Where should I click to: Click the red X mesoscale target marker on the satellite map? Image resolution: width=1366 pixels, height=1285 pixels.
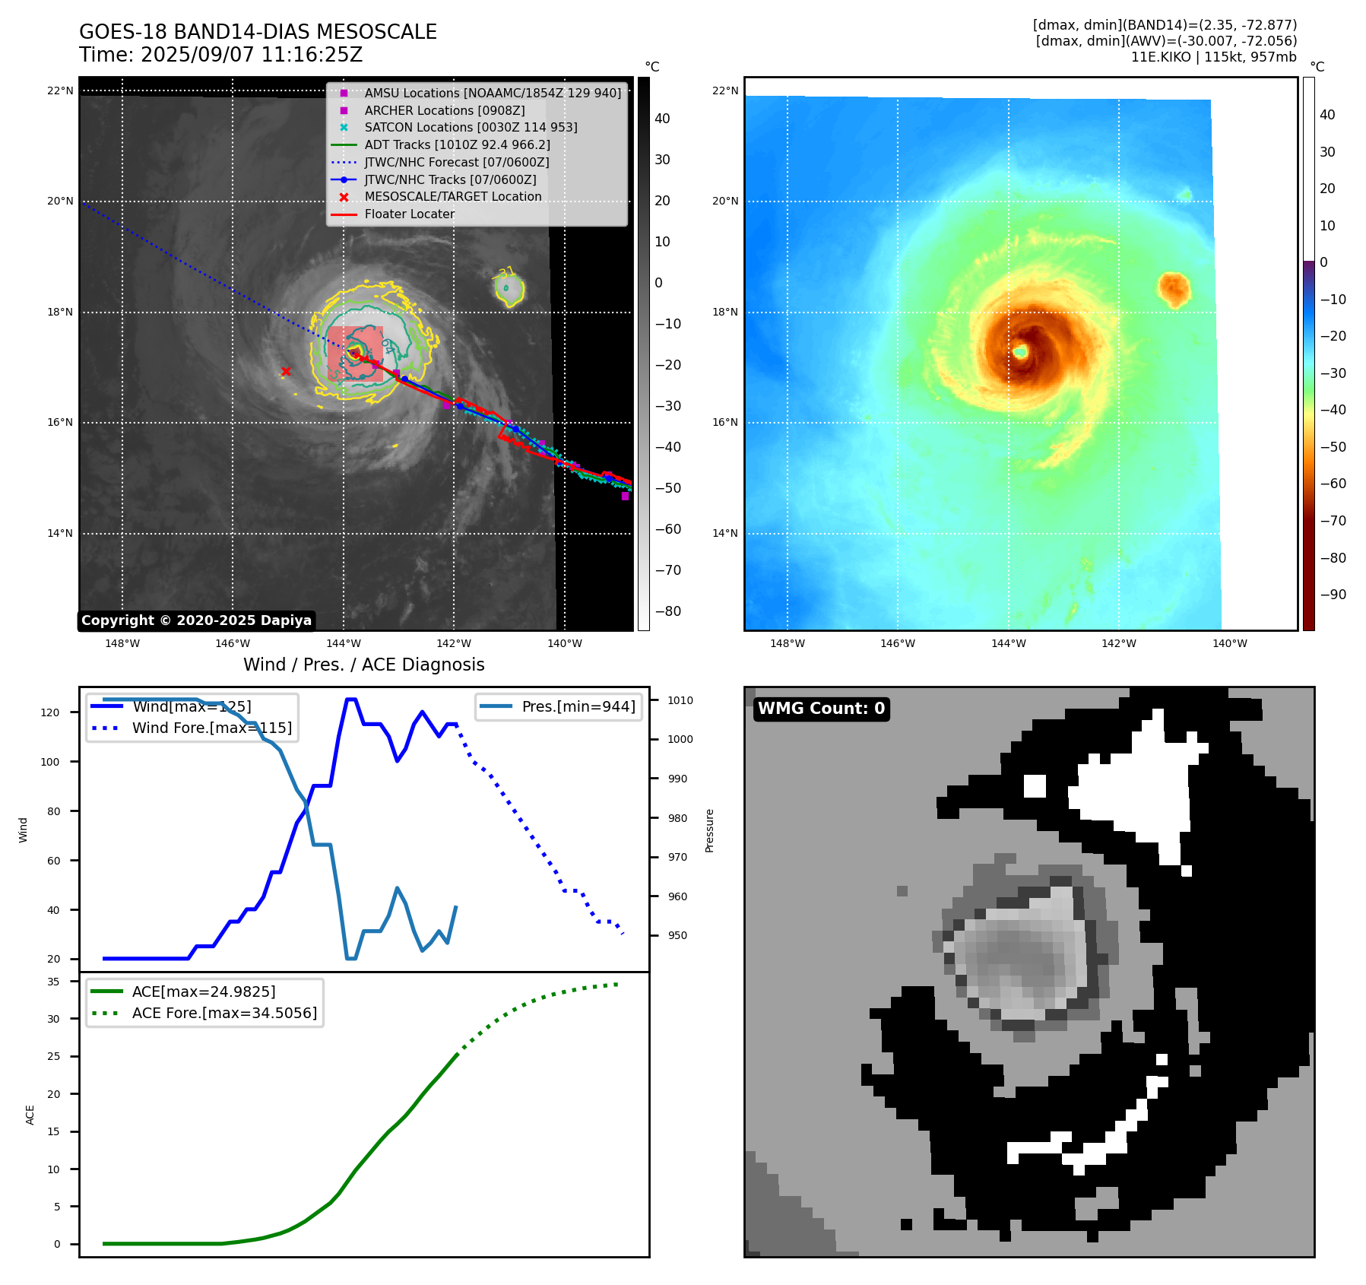point(286,371)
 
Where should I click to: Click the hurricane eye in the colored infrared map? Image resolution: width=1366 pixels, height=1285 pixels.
point(1020,351)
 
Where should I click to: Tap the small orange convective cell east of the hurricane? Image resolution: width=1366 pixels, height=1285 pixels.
point(1174,289)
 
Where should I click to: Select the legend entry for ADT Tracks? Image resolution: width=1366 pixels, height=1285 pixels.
point(457,144)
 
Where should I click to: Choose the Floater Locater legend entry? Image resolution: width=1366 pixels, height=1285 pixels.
point(409,214)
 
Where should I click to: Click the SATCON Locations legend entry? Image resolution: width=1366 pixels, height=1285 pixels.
point(471,127)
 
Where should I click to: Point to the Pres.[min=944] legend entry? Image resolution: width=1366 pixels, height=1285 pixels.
point(578,706)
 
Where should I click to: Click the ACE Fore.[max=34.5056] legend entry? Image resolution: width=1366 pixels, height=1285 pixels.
point(224,1013)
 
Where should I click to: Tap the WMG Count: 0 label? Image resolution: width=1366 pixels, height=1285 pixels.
point(821,709)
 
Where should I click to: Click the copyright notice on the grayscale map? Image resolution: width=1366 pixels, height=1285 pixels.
point(196,620)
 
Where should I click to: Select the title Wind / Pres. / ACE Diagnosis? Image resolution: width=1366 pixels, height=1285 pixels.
point(363,665)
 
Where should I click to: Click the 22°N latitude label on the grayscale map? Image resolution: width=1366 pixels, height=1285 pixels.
point(60,90)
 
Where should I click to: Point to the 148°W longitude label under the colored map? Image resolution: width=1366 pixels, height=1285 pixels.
point(787,643)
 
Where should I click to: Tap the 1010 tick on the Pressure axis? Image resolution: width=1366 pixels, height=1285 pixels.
point(680,700)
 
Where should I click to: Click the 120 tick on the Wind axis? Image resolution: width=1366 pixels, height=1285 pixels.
point(50,712)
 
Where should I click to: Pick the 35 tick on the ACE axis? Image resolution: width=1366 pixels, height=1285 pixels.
point(53,982)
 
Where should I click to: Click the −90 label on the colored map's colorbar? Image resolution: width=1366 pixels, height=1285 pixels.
point(1333,595)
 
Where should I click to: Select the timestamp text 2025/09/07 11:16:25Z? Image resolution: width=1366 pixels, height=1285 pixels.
point(252,55)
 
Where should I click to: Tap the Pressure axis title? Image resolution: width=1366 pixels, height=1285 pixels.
point(709,830)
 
